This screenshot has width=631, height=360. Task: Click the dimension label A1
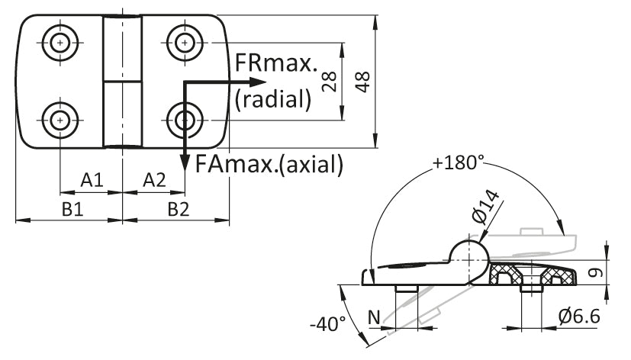[x=92, y=181]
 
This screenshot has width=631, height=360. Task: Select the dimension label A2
[x=154, y=181]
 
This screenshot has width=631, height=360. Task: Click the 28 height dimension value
[x=330, y=81]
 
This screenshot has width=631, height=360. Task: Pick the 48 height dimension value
[x=363, y=81]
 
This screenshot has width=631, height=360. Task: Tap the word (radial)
[x=274, y=98]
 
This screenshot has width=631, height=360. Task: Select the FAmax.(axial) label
[x=269, y=163]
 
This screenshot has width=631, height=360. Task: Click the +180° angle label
[x=459, y=162]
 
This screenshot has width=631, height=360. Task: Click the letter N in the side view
[x=375, y=316]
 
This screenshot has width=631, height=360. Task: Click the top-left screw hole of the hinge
[x=60, y=43]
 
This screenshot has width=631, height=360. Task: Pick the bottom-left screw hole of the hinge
[x=60, y=119]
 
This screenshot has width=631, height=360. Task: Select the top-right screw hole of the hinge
[x=184, y=43]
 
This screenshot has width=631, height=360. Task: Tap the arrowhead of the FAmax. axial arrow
[x=184, y=162]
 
